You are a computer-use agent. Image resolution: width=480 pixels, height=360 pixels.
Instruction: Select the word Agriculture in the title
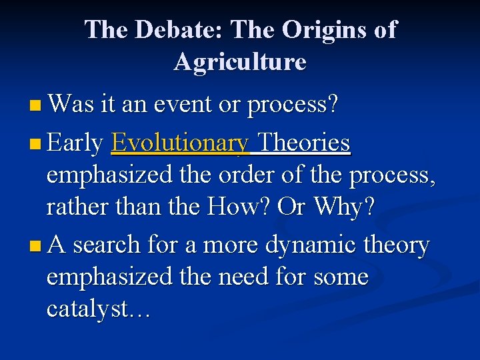tap(240, 62)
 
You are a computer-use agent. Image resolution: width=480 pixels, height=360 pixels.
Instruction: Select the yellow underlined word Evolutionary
tap(181, 143)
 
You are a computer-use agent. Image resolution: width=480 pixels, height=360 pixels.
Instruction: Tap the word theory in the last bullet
tap(398, 246)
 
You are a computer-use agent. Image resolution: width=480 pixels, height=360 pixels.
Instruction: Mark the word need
tap(251, 277)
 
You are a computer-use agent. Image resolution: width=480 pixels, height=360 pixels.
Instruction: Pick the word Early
tap(75, 143)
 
